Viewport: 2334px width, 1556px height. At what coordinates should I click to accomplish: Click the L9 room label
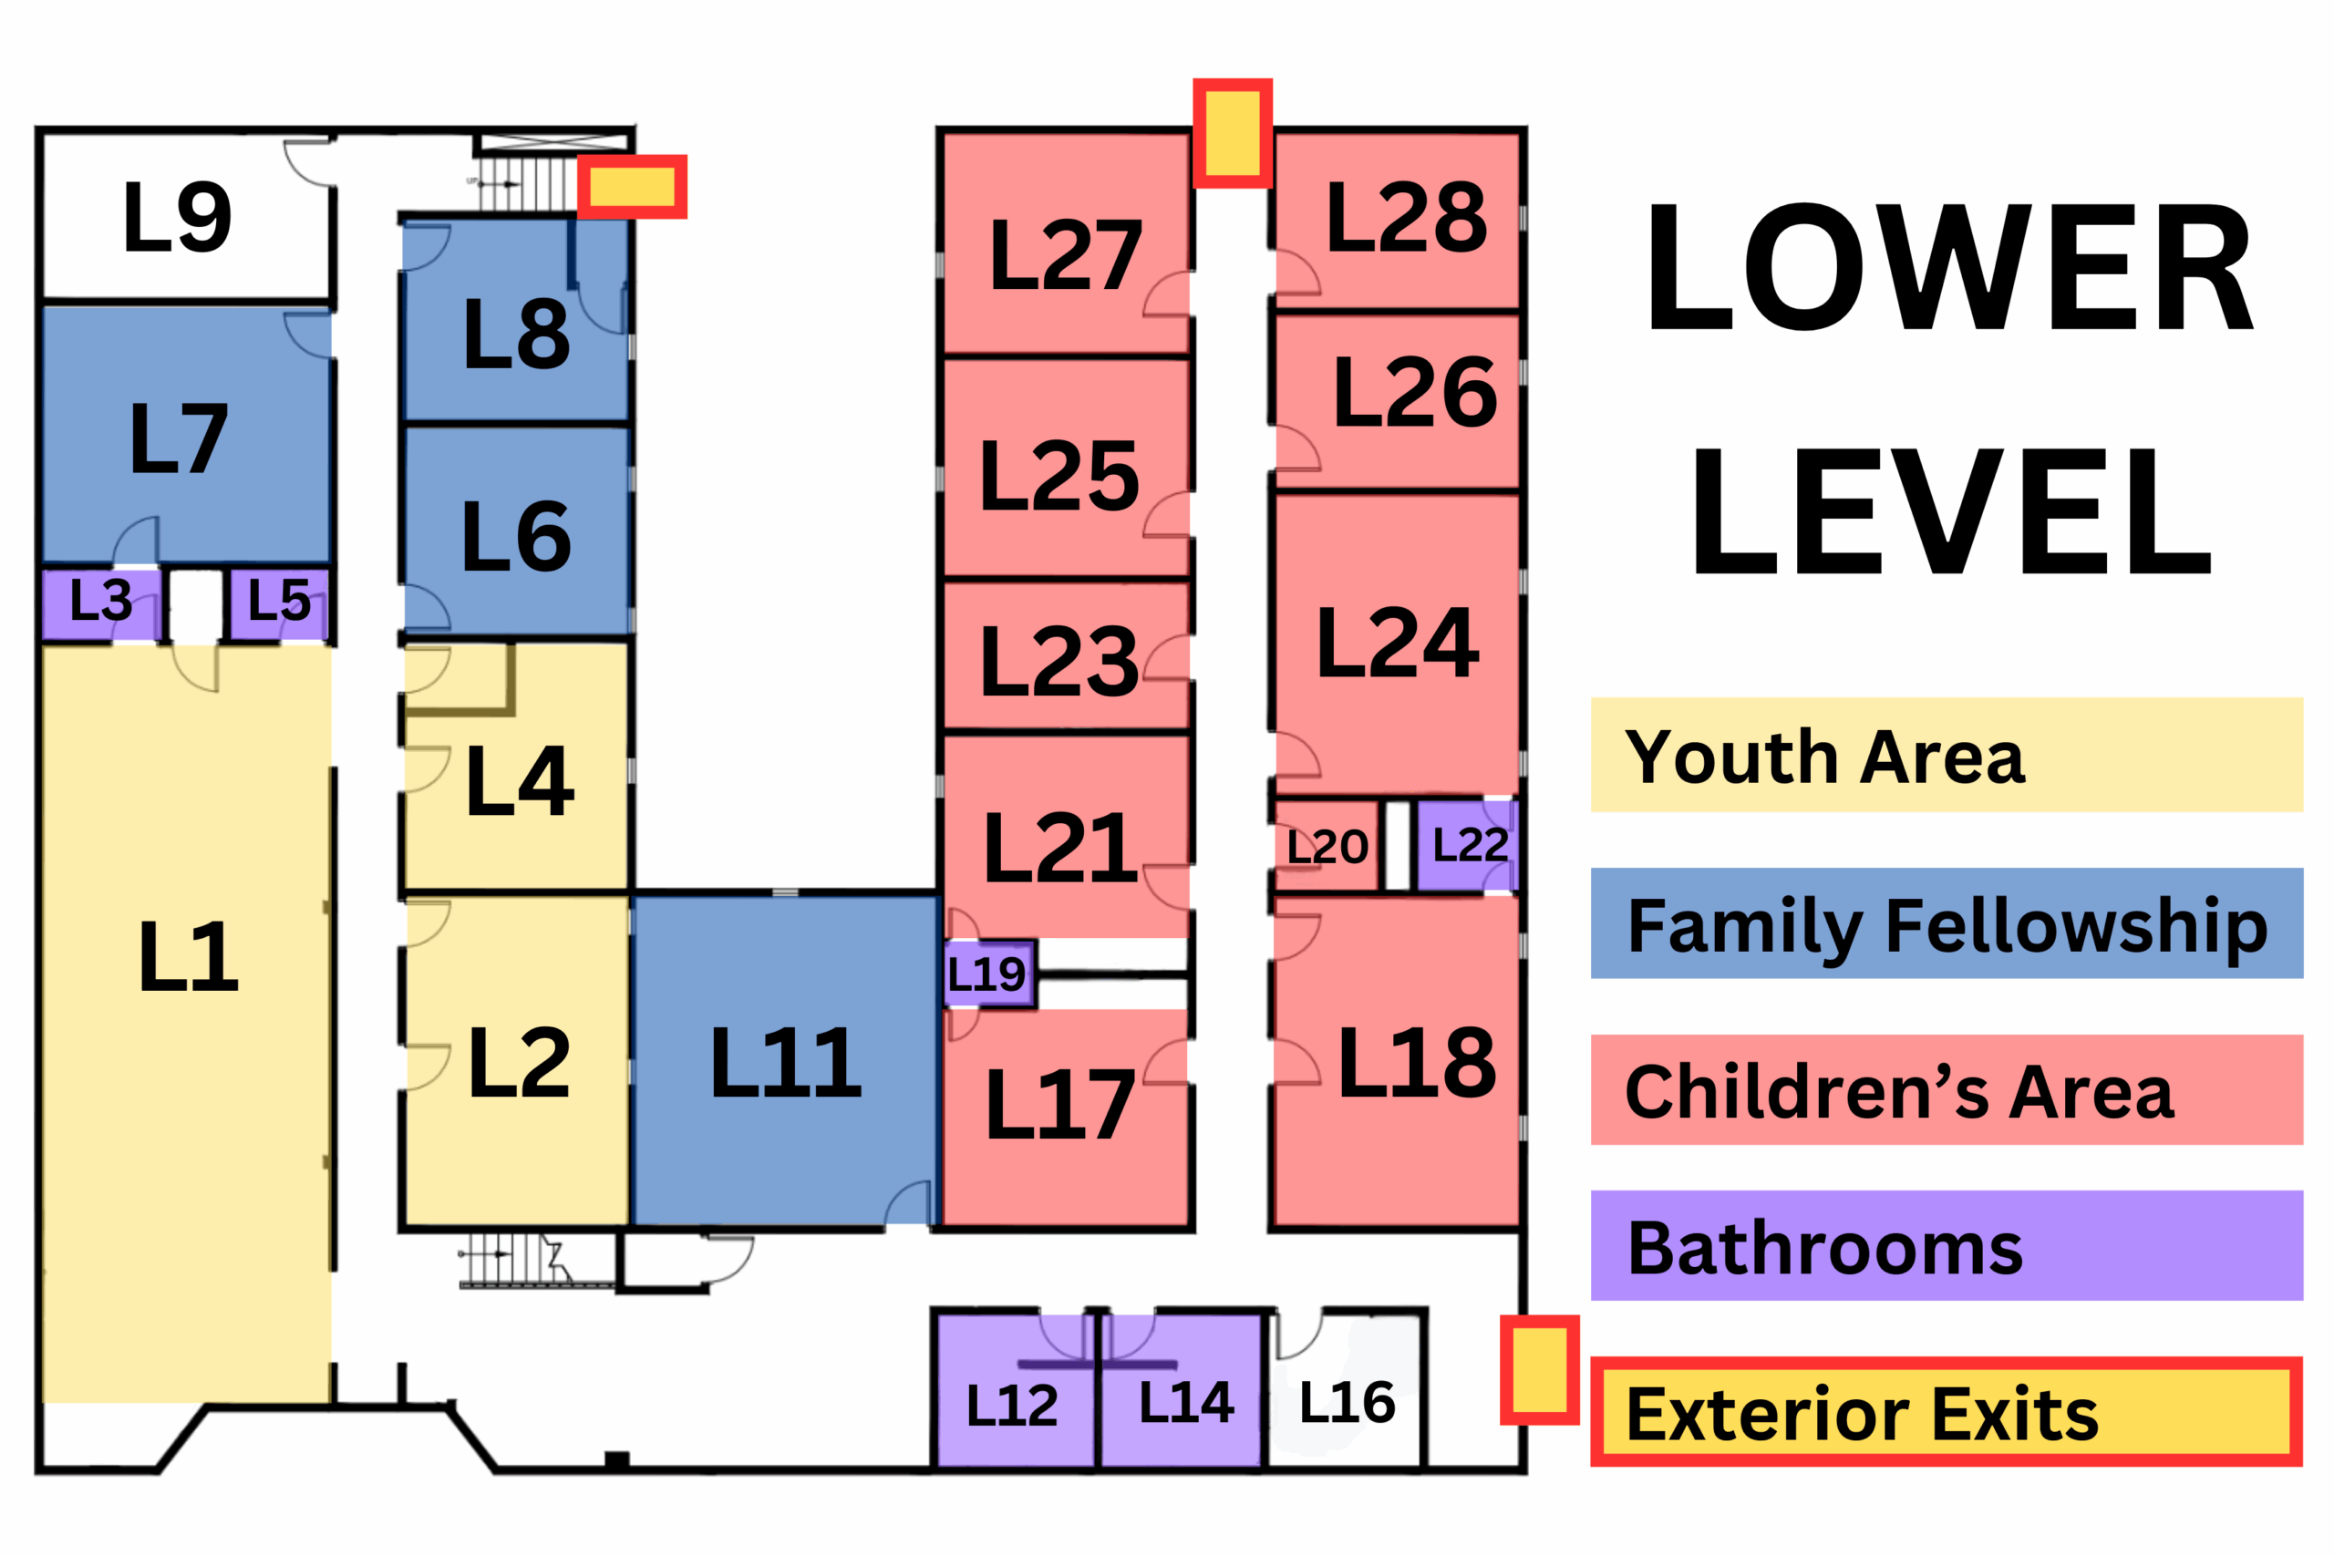[178, 216]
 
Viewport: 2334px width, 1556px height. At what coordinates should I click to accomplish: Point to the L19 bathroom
[988, 974]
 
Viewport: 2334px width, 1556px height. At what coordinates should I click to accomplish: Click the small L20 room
[1327, 846]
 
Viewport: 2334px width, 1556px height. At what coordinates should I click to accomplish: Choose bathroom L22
[1468, 846]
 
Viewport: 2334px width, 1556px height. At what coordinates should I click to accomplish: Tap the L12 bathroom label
[1012, 1406]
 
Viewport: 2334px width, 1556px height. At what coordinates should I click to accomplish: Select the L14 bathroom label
[1186, 1402]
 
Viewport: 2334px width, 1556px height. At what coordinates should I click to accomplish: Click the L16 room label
[1347, 1402]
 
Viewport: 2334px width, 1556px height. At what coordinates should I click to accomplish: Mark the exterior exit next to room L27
[1233, 133]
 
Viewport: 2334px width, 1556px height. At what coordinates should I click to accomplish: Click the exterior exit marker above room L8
[632, 187]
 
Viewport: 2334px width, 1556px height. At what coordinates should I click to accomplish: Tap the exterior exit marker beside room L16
[1539, 1370]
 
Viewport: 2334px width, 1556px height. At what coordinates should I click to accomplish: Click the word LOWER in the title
[1949, 267]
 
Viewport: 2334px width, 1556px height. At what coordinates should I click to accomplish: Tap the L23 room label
[1059, 661]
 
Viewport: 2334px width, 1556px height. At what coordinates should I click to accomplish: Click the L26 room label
[1415, 393]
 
